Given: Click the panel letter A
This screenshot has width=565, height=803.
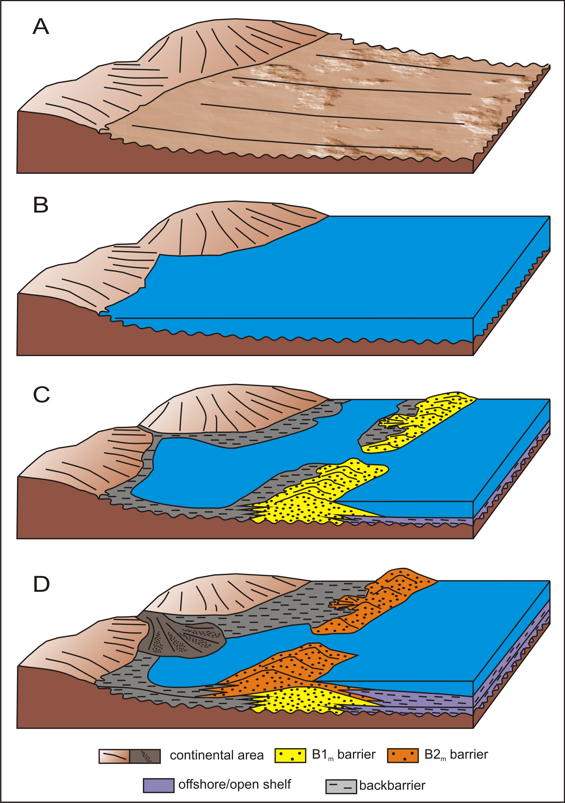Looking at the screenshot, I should tap(41, 27).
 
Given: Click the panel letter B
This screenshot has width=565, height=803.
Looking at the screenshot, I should tap(41, 205).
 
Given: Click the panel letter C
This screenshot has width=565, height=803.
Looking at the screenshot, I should tap(41, 395).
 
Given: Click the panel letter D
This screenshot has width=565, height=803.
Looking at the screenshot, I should tap(41, 584).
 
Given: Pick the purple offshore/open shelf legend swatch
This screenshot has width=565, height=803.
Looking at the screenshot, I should tap(158, 785).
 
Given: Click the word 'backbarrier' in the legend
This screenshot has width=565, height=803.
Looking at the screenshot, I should tap(392, 786).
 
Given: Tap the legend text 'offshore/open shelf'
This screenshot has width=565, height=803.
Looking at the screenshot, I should tap(234, 784).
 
